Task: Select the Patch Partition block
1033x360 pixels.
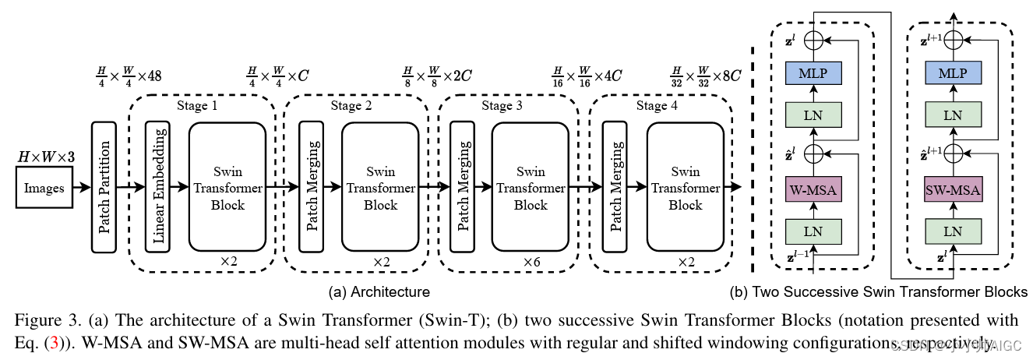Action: (104, 186)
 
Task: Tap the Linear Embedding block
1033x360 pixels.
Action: (158, 186)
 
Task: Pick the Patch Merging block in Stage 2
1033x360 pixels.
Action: (312, 186)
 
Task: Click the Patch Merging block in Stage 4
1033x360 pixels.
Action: (615, 186)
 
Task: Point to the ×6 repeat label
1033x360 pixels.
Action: (531, 262)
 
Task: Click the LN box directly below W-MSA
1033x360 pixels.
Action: (813, 231)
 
